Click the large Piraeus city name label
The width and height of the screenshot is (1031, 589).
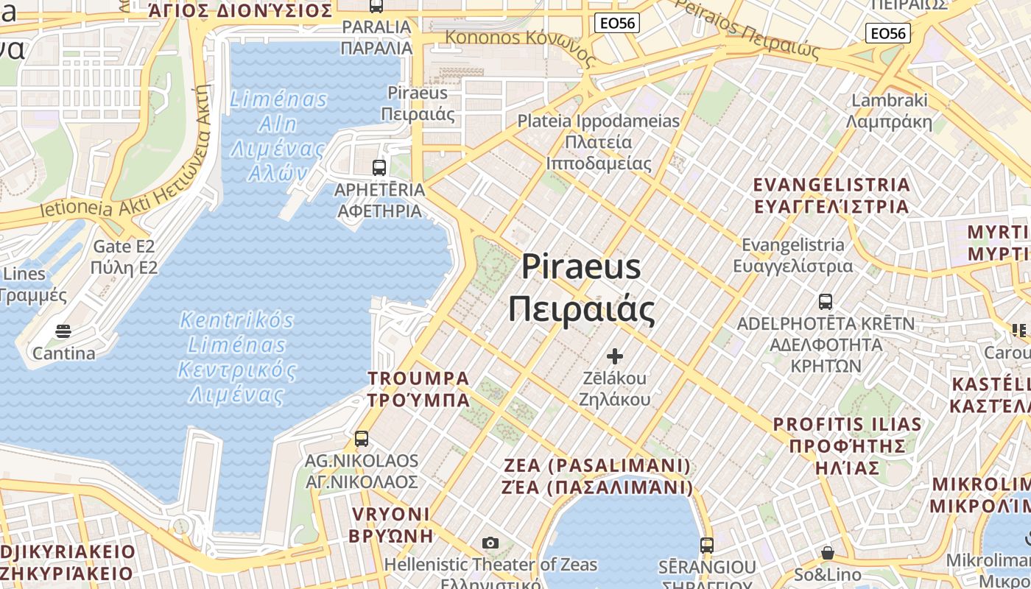(581, 288)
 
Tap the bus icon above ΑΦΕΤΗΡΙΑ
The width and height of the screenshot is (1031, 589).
(379, 167)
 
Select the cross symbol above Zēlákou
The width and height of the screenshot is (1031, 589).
(614, 357)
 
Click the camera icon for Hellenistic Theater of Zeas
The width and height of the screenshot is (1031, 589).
(490, 543)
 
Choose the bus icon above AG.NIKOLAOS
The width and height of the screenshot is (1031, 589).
(361, 439)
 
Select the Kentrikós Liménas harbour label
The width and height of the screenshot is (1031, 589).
(237, 357)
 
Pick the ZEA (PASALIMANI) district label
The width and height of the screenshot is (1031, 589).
(598, 476)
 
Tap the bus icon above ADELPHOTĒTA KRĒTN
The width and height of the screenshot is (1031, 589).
(825, 301)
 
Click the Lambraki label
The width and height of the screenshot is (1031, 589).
(889, 110)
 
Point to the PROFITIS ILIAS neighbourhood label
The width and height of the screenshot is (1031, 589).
(847, 445)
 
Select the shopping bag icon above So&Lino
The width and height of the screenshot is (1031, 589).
(827, 552)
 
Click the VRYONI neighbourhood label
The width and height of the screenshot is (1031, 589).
(390, 524)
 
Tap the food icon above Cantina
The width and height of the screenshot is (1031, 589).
(63, 331)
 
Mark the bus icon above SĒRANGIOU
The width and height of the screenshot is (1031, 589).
(706, 546)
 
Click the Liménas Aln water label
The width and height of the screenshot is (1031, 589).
(278, 135)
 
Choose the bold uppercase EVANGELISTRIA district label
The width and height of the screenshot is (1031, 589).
(831, 195)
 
